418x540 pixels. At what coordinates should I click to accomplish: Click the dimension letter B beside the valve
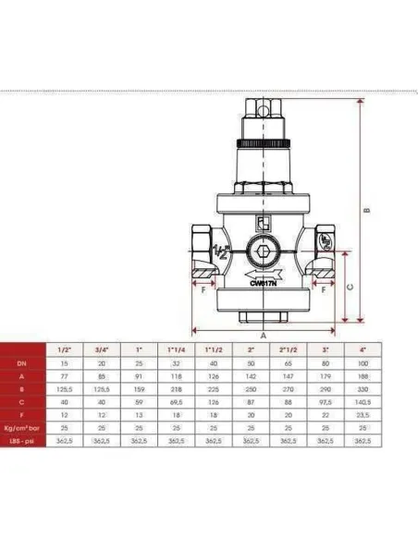coord(366,210)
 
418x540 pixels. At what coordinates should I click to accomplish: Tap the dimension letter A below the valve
coord(263,337)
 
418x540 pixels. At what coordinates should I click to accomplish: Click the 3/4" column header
coord(101,350)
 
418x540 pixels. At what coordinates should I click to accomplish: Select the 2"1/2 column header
coord(284,350)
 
